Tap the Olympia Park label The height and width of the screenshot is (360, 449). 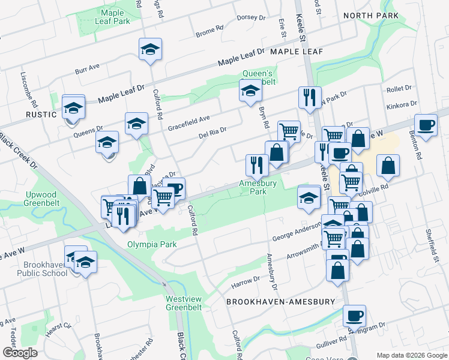coord(152,244)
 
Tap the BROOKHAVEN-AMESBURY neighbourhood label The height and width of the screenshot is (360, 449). coord(280,302)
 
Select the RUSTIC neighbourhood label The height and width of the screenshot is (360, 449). coord(40,113)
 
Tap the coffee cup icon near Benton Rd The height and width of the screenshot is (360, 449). coord(426,124)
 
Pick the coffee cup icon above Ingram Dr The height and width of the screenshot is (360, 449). coord(354,314)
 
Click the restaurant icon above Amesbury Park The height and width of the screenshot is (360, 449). coord(257,164)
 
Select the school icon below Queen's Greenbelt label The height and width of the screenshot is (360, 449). coord(250,91)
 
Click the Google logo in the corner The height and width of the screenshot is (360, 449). coord(20,353)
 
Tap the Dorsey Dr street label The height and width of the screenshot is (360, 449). coord(246,17)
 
